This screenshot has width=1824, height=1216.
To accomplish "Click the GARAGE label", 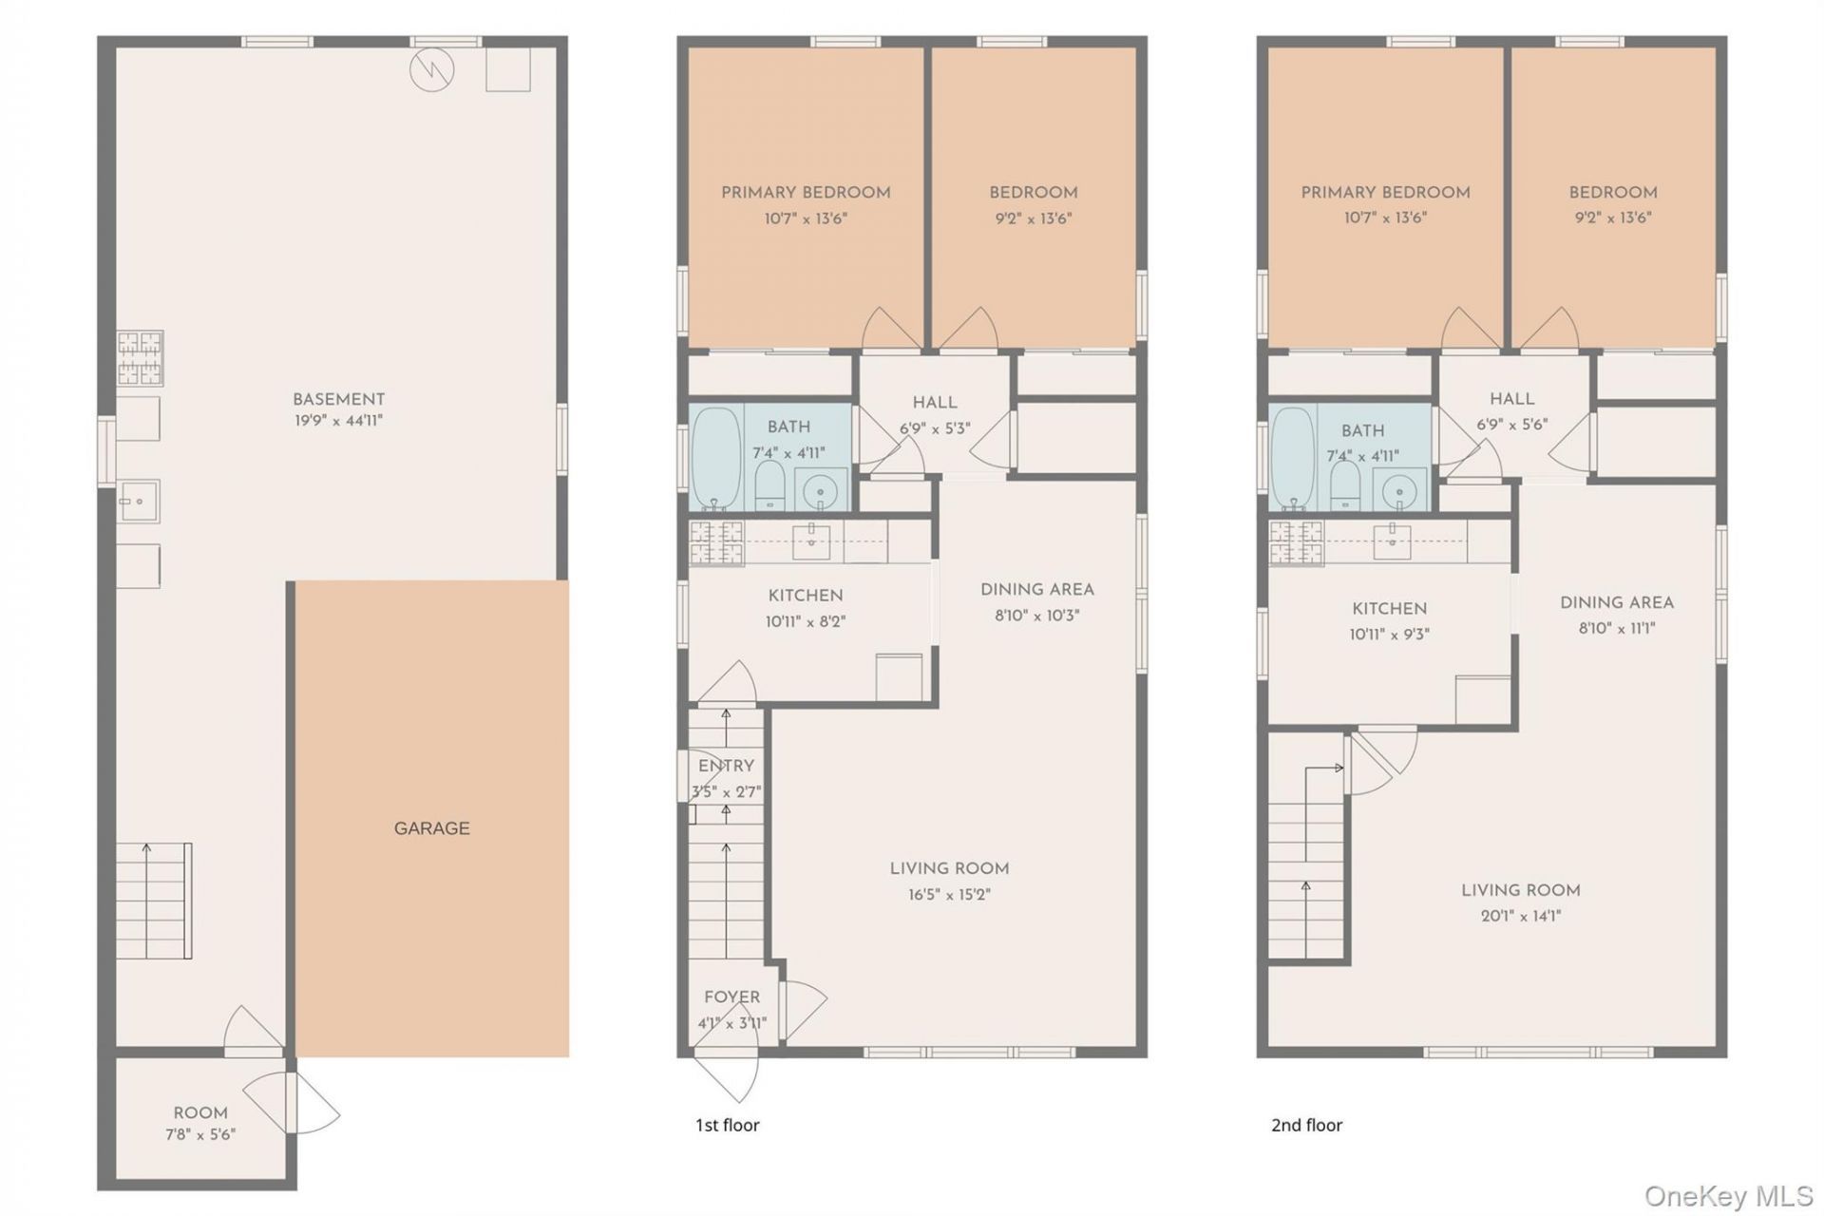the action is click(x=431, y=828).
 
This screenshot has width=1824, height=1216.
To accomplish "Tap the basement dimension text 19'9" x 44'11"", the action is click(x=338, y=420).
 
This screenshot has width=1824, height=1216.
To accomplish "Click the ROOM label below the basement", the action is click(x=200, y=1112).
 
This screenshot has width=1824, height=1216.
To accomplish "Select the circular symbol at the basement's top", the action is click(x=432, y=69).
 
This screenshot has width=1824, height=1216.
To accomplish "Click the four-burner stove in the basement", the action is click(x=141, y=358).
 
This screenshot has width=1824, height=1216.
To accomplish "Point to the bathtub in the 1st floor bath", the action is click(x=716, y=459).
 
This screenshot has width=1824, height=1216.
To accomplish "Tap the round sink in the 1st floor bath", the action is click(x=820, y=491).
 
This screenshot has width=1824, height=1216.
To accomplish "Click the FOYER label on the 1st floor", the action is click(x=731, y=997).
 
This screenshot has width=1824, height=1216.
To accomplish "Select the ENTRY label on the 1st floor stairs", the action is click(x=726, y=766).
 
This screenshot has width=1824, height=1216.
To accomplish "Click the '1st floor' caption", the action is click(x=728, y=1125).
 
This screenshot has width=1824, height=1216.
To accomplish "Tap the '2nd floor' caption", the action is click(x=1307, y=1125).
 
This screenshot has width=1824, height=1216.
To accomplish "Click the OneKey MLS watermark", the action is click(x=1729, y=1196).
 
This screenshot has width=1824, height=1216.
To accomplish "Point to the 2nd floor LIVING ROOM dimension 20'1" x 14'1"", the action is click(x=1520, y=916).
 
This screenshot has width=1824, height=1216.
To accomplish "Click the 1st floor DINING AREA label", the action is click(x=1037, y=590).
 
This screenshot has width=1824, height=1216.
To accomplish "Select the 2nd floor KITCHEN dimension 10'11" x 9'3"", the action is click(x=1389, y=634).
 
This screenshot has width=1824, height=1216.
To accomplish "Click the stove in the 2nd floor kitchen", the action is click(x=1297, y=542).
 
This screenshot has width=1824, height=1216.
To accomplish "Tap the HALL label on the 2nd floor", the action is click(x=1511, y=399).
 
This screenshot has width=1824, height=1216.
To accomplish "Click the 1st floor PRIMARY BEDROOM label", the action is click(x=806, y=193).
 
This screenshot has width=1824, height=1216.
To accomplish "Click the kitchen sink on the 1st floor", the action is click(x=811, y=542).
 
